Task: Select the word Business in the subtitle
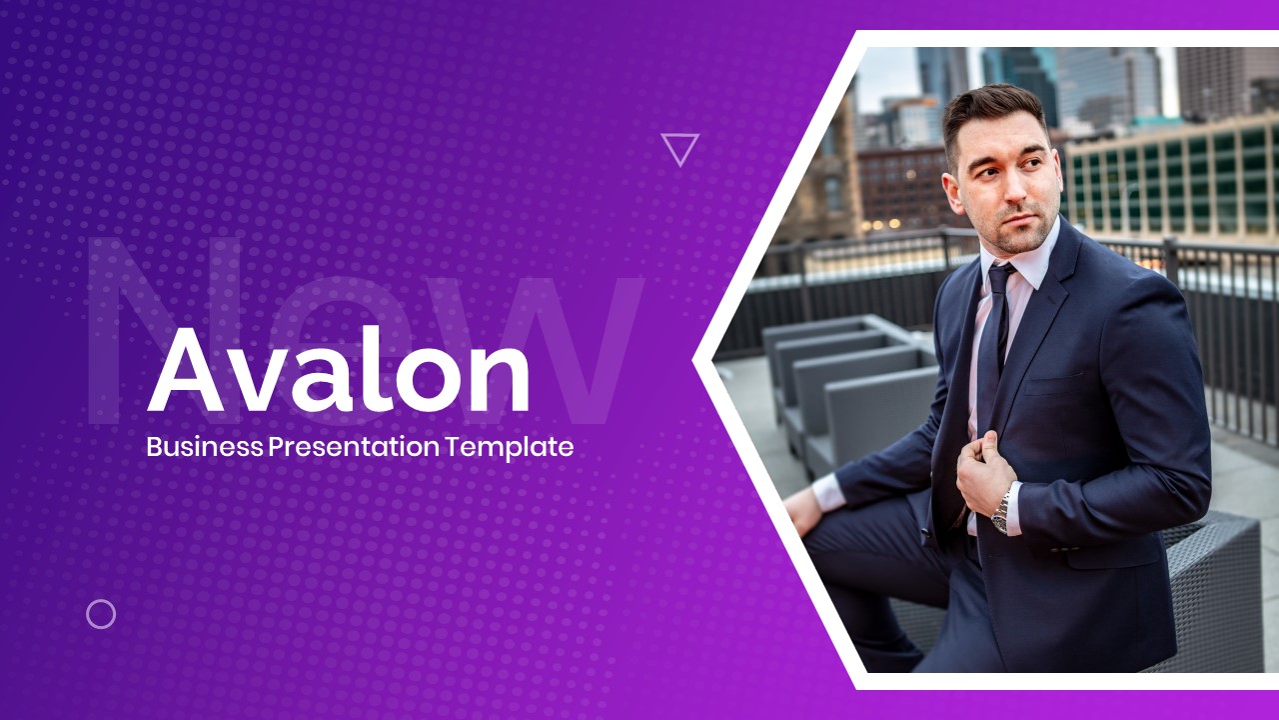click(x=205, y=447)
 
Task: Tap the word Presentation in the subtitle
click(x=355, y=447)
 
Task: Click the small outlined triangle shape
click(x=679, y=148)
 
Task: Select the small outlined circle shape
click(x=101, y=614)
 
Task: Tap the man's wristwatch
click(x=1000, y=512)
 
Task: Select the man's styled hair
click(x=994, y=109)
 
